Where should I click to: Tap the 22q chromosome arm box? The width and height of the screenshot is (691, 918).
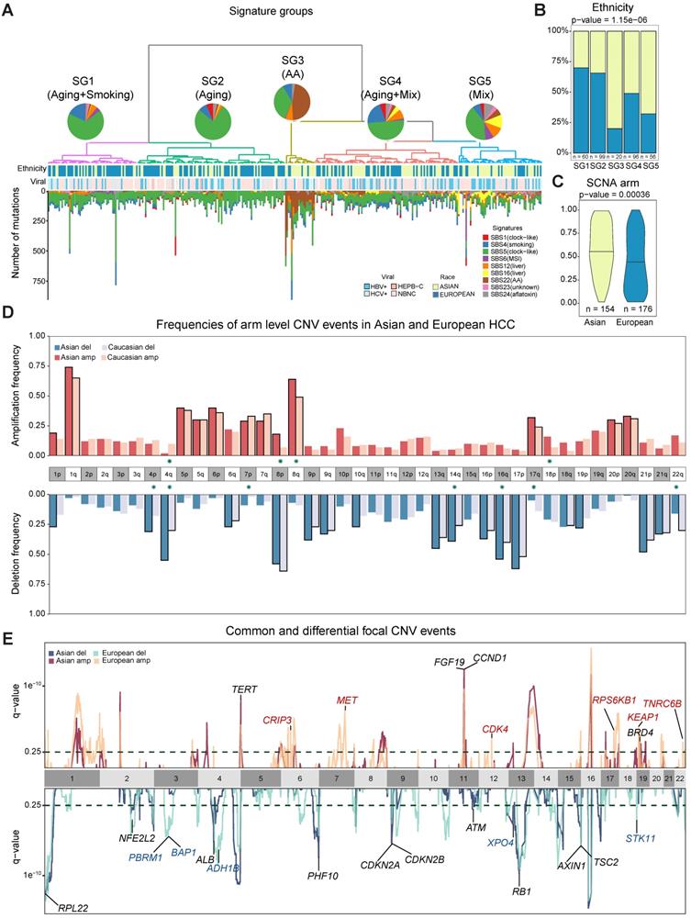click(675, 475)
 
